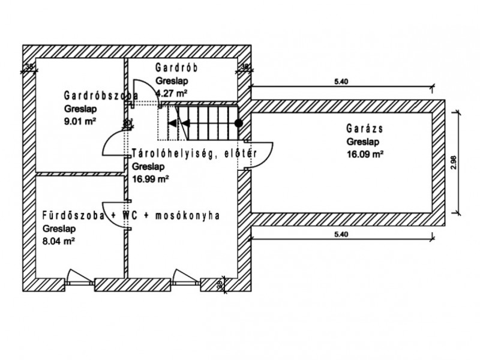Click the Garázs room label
(x=364, y=128)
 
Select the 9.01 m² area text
(x=81, y=121)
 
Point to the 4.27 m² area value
(x=172, y=93)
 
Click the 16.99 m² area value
(x=149, y=178)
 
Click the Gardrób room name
(x=176, y=67)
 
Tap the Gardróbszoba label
(x=101, y=95)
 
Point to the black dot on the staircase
(x=238, y=124)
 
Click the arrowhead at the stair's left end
(x=172, y=124)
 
